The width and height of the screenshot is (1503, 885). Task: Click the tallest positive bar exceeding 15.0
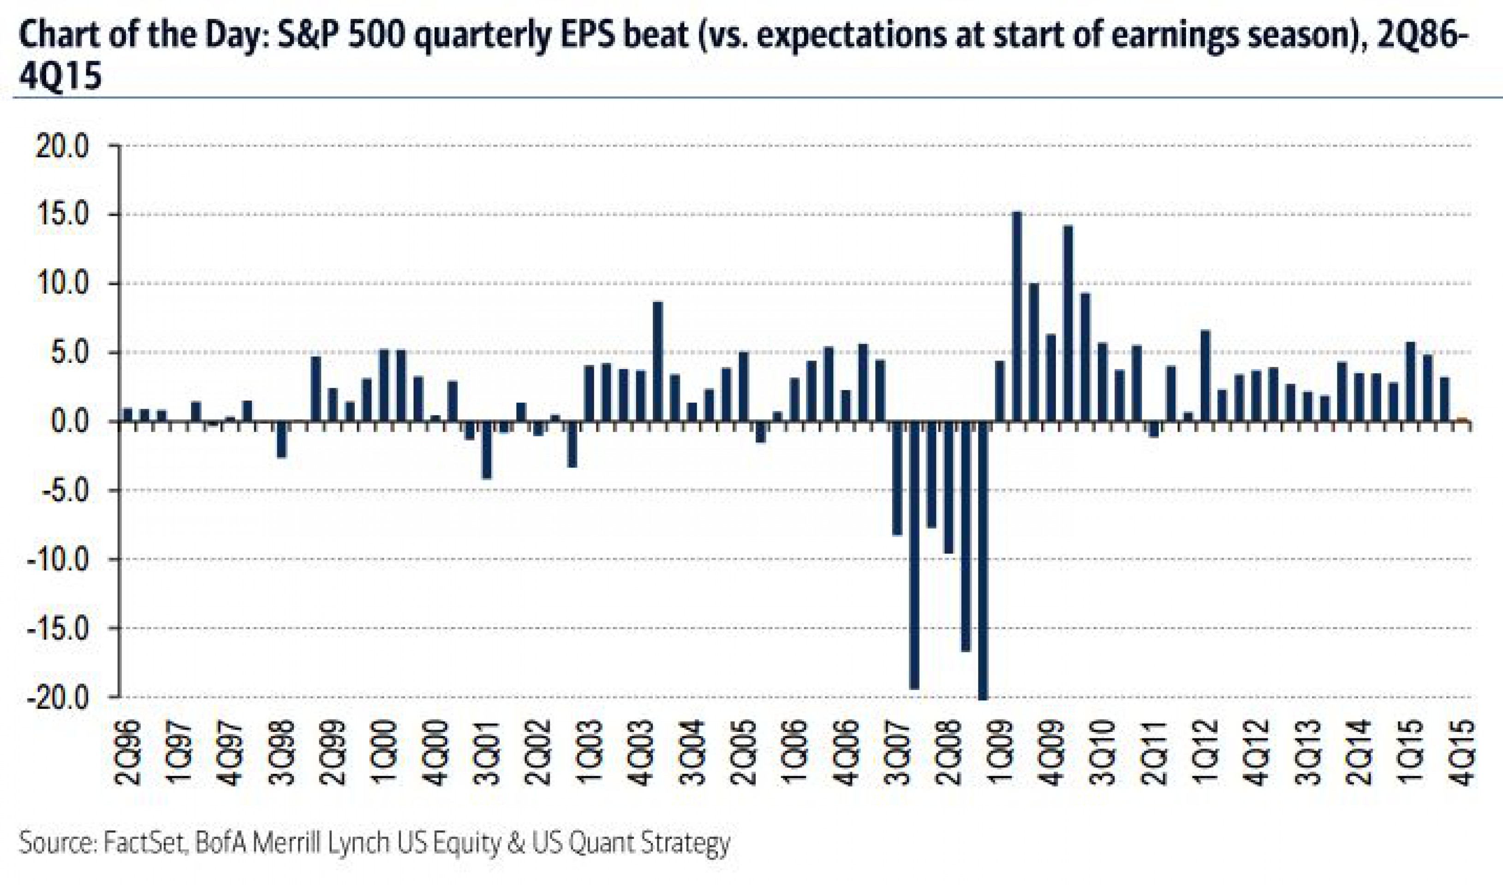pos(1017,316)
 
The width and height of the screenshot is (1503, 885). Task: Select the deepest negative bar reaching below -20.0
pos(983,560)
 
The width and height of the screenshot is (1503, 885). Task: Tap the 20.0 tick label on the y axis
pos(63,146)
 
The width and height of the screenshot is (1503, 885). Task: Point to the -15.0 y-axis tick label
pos(57,629)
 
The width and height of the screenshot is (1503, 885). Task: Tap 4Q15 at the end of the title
pos(60,77)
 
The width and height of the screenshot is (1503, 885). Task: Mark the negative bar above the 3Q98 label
pos(281,440)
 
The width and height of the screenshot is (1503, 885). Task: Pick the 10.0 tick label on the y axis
pos(63,284)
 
